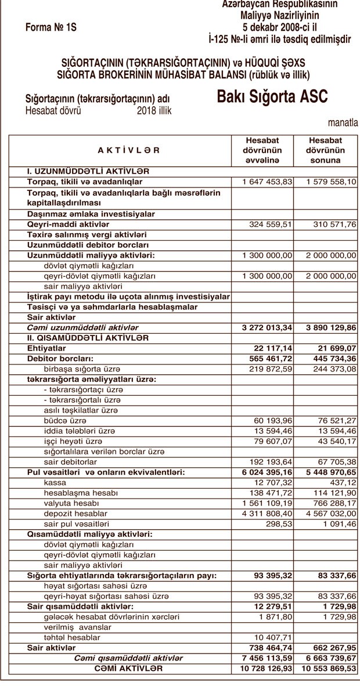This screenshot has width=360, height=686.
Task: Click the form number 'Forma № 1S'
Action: pos(51,27)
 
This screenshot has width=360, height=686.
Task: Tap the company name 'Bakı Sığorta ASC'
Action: pos(272,96)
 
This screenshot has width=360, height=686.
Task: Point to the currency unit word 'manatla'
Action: pos(343,122)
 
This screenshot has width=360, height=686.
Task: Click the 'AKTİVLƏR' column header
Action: pos(128,150)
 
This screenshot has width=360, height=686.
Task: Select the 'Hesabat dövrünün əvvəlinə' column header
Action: pos(262,150)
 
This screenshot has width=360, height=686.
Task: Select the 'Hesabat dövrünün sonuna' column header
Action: pos(325,150)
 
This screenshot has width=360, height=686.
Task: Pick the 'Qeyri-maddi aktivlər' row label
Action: pos(68,224)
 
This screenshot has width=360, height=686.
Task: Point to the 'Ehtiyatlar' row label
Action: pos(46,348)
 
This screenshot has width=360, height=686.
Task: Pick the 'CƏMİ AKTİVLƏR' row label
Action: pos(128,669)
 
